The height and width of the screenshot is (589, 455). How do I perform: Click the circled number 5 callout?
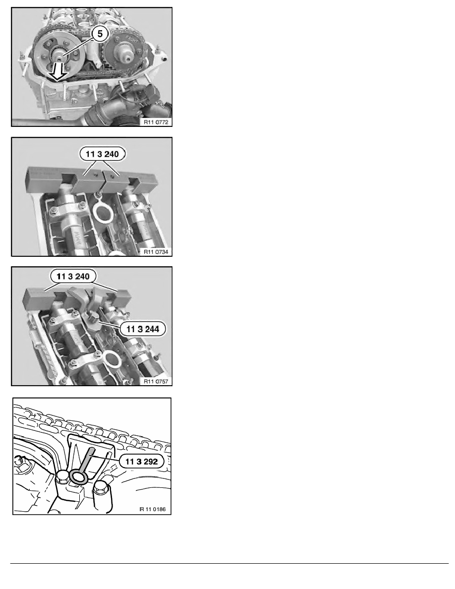pyautogui.click(x=100, y=34)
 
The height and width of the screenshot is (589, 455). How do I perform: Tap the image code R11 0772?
pyautogui.click(x=156, y=122)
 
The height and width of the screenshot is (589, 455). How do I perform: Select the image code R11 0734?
pyautogui.click(x=156, y=252)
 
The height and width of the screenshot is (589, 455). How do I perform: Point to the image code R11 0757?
pyautogui.click(x=156, y=381)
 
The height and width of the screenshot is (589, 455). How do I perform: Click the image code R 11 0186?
pyautogui.click(x=153, y=509)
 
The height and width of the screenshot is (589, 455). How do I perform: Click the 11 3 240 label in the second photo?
pyautogui.click(x=102, y=154)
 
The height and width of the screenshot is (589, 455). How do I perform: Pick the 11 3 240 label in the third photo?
pyautogui.click(x=73, y=277)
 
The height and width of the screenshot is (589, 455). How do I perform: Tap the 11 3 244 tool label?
pyautogui.click(x=143, y=329)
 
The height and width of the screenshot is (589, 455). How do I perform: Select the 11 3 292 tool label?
pyautogui.click(x=142, y=461)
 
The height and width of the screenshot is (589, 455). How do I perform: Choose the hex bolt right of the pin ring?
pyautogui.click(x=102, y=489)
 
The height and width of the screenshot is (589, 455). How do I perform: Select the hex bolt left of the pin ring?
pyautogui.click(x=62, y=481)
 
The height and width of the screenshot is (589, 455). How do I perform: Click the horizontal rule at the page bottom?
pyautogui.click(x=229, y=563)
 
